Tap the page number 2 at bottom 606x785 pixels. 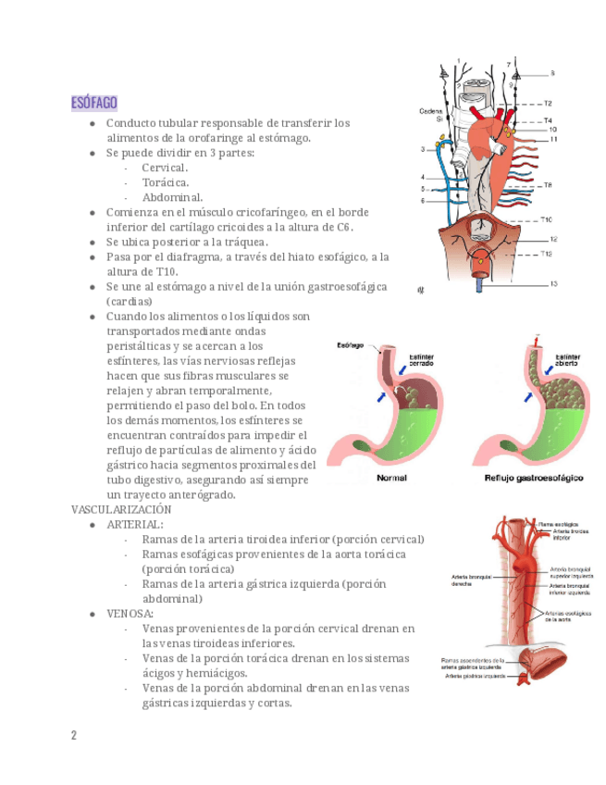[74, 736]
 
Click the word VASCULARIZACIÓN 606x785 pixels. [121, 509]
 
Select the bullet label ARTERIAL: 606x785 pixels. [135, 525]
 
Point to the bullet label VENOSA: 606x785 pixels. [130, 614]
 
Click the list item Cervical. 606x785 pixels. [165, 168]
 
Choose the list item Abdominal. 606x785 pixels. [172, 197]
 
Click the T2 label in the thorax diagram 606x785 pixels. [548, 104]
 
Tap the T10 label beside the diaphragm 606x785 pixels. [547, 219]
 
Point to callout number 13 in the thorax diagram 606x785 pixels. [553, 283]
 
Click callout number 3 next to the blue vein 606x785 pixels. [423, 148]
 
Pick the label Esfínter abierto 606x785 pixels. [568, 360]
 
